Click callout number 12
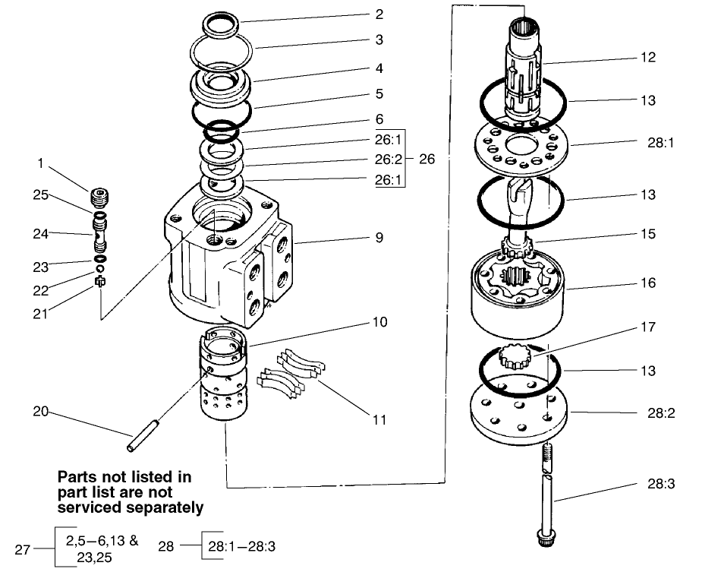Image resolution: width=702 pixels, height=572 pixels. pos(647,57)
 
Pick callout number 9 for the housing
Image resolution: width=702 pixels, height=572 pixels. pos(379,238)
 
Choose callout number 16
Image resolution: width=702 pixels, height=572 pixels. pos(647,283)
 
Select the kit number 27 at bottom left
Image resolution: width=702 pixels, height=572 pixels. pos(23,549)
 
